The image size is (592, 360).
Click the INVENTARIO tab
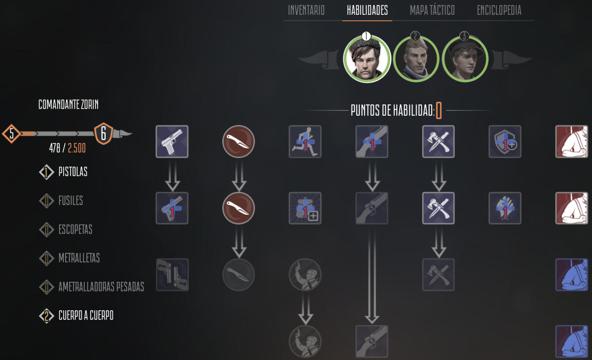click(x=306, y=10)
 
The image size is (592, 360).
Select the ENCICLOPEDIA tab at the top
click(x=499, y=10)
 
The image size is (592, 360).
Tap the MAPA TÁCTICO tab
click(x=432, y=10)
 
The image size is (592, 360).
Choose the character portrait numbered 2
click(x=416, y=59)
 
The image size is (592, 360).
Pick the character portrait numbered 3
click(x=465, y=59)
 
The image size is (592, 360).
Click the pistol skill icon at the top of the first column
click(x=172, y=141)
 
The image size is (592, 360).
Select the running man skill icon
click(x=305, y=141)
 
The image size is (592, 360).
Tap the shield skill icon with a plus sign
click(x=505, y=141)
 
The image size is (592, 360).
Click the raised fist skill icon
click(x=505, y=208)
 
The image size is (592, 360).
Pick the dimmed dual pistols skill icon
click(x=172, y=275)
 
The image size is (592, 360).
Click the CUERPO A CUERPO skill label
click(x=86, y=316)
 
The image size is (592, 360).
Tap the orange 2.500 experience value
click(x=77, y=148)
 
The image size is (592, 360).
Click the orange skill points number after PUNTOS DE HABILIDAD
click(x=439, y=110)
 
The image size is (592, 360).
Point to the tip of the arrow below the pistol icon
click(x=173, y=191)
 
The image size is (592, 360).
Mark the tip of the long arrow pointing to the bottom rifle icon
click(x=372, y=324)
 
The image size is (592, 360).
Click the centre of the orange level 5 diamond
click(x=12, y=134)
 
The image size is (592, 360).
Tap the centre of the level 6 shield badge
click(x=104, y=134)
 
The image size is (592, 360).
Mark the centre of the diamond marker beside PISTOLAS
click(x=46, y=172)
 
